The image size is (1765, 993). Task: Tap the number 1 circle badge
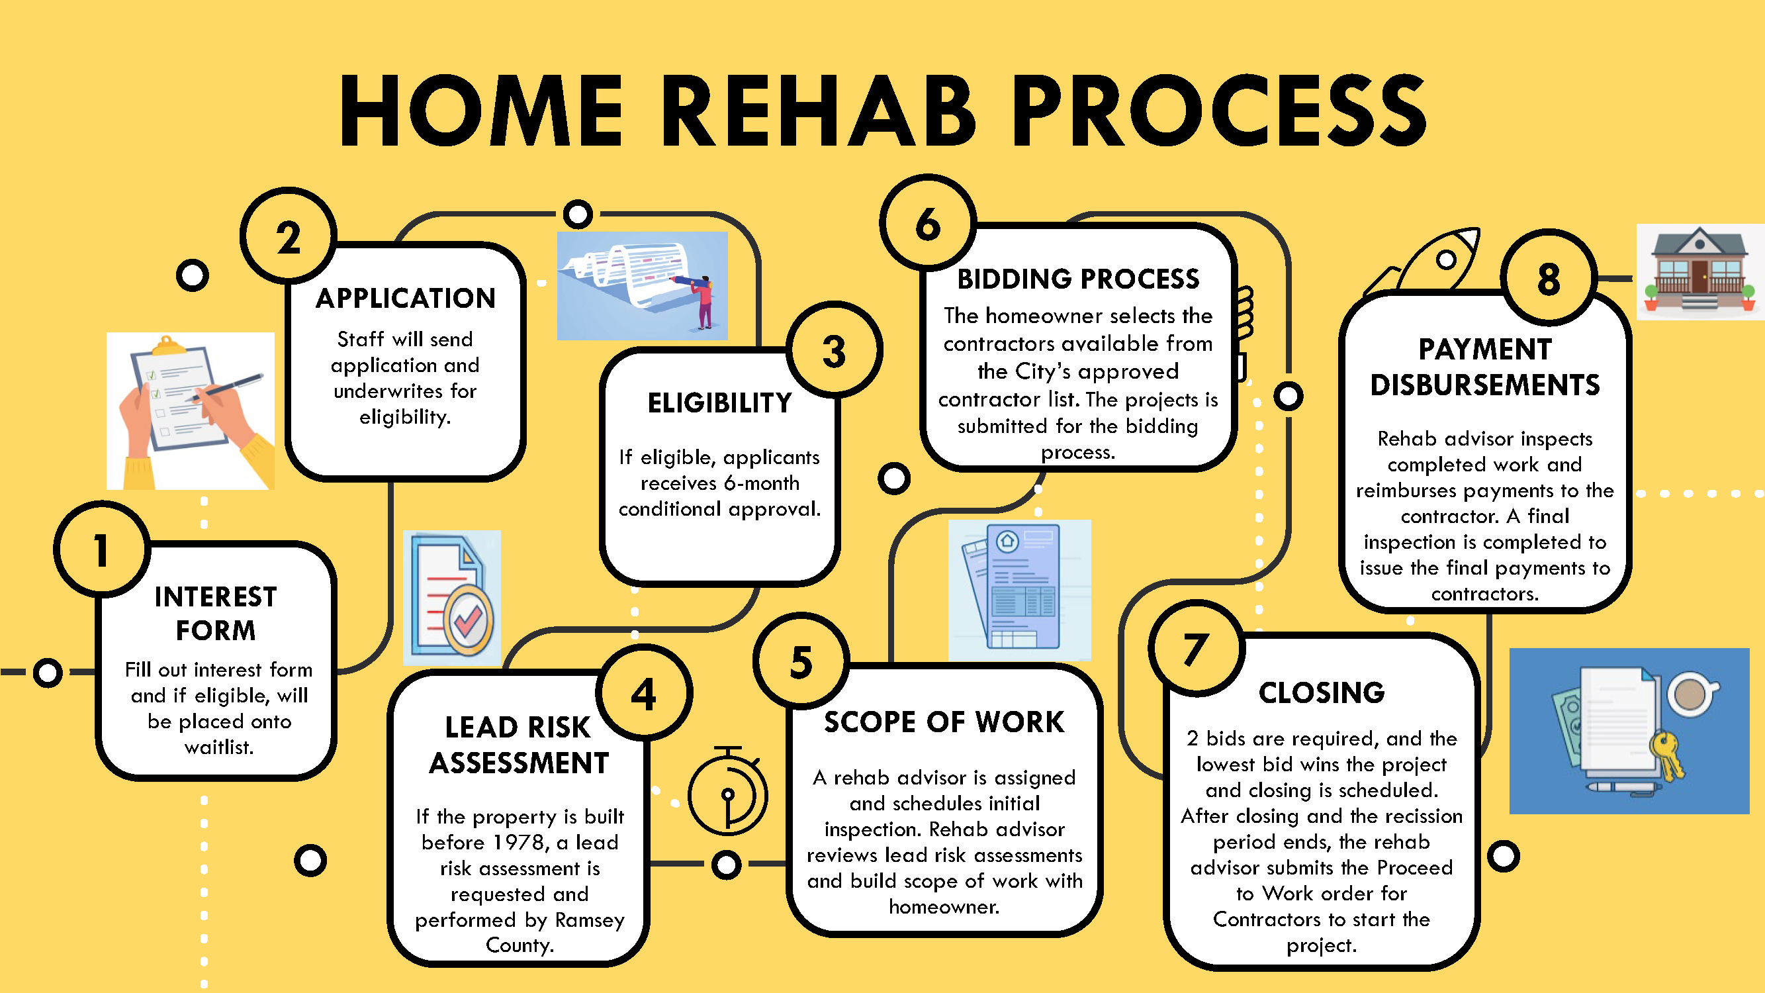102,549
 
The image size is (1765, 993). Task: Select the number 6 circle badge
928,223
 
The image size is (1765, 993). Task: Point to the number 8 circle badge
1549,278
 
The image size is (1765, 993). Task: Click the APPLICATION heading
406,299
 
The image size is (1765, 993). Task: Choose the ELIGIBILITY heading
719,403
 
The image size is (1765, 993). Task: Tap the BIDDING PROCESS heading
1078,279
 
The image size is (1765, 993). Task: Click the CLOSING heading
1322,693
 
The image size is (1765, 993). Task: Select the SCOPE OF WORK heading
944,722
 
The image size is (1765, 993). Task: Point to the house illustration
1700,271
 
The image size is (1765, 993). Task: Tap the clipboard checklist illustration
191,411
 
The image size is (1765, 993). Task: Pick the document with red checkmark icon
452,598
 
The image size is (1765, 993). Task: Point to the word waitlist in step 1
219,747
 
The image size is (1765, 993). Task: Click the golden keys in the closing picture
1666,754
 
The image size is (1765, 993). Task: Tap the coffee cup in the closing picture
1691,695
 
